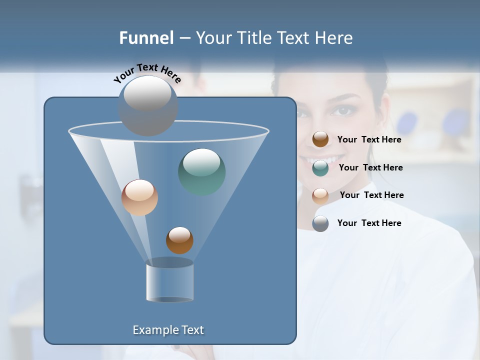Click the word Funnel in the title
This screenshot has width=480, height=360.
point(146,38)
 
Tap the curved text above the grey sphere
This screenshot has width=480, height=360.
point(147,73)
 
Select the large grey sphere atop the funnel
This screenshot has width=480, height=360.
point(148,105)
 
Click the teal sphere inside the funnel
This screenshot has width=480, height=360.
point(202,171)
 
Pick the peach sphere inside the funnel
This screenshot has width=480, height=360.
point(139,197)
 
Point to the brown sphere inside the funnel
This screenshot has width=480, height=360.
point(179,240)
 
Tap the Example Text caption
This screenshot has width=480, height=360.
point(168,330)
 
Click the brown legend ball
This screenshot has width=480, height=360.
point(320,139)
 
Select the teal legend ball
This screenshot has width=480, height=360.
point(320,168)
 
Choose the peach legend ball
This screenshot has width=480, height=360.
point(320,195)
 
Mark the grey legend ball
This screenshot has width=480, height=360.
point(320,223)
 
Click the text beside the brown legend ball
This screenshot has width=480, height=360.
point(369,140)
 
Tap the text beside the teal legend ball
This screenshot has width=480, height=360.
point(370,168)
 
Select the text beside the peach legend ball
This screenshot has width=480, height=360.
point(371,195)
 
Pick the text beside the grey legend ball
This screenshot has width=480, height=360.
point(369,223)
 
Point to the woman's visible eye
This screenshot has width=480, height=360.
point(342,110)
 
